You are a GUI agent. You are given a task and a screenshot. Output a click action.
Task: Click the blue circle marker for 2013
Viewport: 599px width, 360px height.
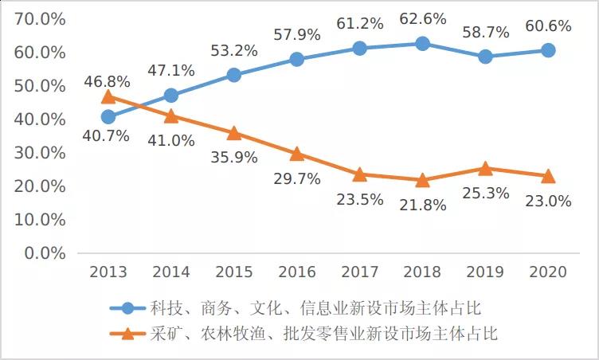coord(108,117)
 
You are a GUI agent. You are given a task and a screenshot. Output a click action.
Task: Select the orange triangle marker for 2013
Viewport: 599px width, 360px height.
coord(108,97)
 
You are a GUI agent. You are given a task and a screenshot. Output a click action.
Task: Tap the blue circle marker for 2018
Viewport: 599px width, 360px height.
coord(422,44)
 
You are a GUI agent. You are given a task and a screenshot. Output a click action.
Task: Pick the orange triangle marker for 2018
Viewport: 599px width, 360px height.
coord(422,180)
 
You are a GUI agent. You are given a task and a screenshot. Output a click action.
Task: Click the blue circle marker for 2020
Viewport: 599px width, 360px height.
coord(548,50)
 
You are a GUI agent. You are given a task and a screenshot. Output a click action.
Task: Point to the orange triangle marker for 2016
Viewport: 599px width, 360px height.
coord(296,154)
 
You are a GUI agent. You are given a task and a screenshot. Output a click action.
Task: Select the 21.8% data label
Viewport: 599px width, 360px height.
coord(423,204)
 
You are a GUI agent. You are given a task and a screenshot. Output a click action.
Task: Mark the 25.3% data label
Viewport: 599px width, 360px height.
coord(485,192)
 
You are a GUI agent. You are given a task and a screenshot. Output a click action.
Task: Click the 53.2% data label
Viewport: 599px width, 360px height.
coord(235,51)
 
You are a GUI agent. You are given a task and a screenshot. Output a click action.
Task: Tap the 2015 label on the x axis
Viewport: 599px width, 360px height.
coord(233,272)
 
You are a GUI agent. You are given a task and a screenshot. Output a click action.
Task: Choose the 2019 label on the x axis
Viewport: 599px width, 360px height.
coord(485,272)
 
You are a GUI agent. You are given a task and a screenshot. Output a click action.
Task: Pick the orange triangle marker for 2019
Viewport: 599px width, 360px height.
coord(485,169)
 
